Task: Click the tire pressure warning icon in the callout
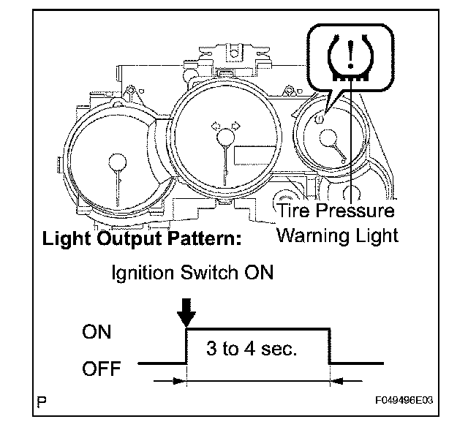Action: coord(350,56)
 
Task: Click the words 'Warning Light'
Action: coord(339,235)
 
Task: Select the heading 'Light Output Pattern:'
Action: coord(143,239)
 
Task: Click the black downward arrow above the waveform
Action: coord(187,313)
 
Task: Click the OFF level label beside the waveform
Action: coord(102,368)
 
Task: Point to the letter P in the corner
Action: coord(43,401)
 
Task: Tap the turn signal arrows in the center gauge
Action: coord(225,127)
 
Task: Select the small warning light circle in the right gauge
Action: coord(319,118)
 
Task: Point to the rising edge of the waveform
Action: coord(188,345)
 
